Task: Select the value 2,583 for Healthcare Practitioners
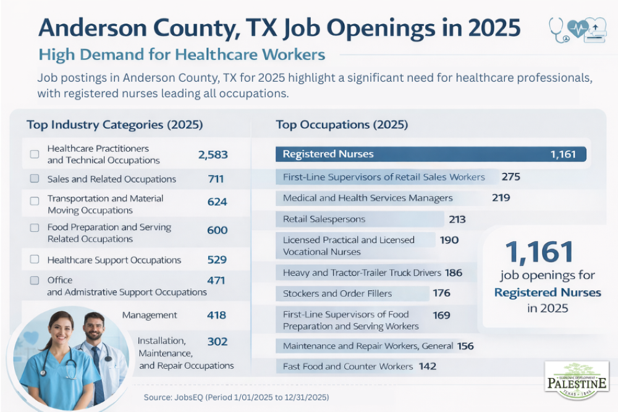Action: tap(213, 155)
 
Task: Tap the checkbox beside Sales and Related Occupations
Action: tap(35, 179)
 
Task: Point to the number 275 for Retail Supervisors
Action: tap(511, 177)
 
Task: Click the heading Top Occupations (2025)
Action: tap(342, 125)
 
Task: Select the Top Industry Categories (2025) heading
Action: tap(115, 125)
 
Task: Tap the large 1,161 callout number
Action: tap(540, 252)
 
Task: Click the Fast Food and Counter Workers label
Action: tap(347, 366)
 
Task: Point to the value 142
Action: tap(427, 366)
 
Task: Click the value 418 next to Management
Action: tap(216, 315)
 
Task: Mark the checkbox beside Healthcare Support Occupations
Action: tap(35, 260)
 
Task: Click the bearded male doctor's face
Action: tap(94, 328)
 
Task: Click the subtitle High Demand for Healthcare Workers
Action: tap(182, 54)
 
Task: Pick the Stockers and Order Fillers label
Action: tap(337, 293)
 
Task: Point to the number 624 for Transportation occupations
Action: tap(217, 202)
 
